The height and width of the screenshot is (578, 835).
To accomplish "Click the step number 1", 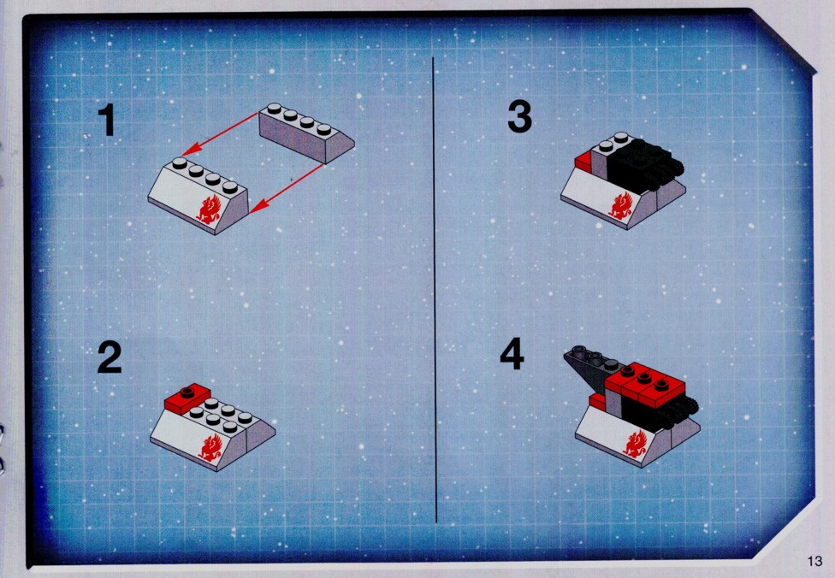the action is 107,120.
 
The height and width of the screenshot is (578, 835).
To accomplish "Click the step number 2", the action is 110,357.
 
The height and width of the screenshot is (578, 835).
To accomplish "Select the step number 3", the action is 520,118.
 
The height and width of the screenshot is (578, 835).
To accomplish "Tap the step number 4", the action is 512,354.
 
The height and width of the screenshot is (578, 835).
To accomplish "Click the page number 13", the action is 814,561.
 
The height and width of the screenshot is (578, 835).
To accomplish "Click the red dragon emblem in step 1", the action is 208,209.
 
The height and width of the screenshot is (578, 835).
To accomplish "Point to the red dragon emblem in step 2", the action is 210,446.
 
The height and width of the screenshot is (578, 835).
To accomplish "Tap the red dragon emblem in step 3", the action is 620,206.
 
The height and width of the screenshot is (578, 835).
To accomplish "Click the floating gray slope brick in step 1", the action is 306,133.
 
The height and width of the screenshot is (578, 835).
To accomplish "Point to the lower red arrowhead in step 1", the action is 258,207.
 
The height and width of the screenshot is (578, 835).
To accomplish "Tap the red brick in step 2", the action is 187,398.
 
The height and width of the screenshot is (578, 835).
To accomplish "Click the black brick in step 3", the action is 645,164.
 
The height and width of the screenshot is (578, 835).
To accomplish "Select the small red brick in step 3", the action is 583,162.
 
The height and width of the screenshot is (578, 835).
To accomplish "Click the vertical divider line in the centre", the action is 435,290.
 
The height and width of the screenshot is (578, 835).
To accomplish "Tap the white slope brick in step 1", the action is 198,197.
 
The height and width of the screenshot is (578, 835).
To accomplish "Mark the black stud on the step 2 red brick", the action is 187,392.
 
